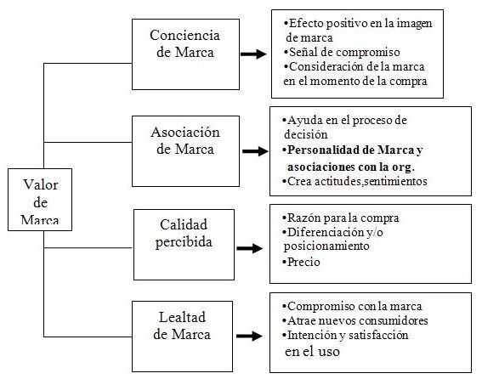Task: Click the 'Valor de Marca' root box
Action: (x=40, y=200)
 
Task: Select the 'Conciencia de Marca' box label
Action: (x=185, y=43)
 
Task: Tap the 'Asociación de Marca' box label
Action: (x=185, y=140)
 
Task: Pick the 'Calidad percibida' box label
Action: (x=184, y=234)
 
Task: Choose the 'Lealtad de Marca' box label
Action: (x=182, y=325)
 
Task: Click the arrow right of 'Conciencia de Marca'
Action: (x=253, y=54)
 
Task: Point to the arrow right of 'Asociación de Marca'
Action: (x=255, y=151)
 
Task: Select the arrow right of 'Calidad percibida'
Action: (x=250, y=248)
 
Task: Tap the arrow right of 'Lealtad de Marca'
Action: (x=249, y=336)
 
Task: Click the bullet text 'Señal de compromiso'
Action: (x=342, y=52)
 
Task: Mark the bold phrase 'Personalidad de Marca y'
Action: (x=353, y=150)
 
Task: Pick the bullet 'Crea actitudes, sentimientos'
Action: (x=354, y=181)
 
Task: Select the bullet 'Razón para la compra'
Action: (x=341, y=218)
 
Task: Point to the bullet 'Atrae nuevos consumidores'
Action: (x=355, y=320)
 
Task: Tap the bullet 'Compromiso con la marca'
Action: (x=352, y=306)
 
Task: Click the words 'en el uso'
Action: (x=312, y=351)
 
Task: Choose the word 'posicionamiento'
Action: (x=326, y=246)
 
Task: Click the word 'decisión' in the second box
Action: (x=306, y=134)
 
